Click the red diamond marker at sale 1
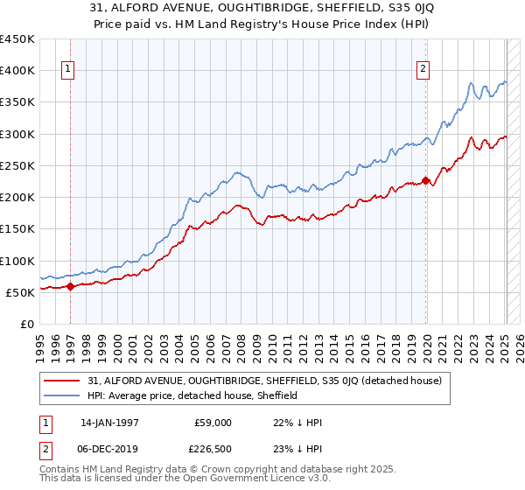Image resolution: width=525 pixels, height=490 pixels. click(x=70, y=287)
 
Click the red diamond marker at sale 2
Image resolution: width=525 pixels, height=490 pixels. click(x=426, y=181)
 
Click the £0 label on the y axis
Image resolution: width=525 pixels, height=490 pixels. click(x=27, y=325)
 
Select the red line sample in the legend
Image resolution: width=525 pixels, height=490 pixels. click(x=63, y=381)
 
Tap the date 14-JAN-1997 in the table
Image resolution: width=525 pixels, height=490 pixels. click(x=108, y=423)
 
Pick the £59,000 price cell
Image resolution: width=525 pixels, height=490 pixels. click(x=213, y=423)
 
